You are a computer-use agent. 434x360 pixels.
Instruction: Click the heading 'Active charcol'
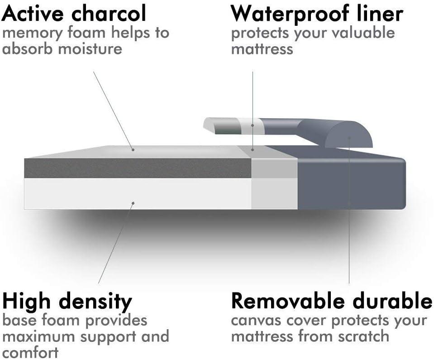point(74,13)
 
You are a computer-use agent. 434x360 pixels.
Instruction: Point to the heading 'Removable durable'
point(331,301)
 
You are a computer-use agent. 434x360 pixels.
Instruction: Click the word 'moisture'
point(90,49)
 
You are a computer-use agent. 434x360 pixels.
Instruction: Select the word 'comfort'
point(30,352)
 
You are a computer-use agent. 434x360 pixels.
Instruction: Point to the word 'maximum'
point(39,337)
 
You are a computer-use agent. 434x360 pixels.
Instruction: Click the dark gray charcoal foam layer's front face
point(138,168)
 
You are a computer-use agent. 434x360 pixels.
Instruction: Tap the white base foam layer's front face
point(138,193)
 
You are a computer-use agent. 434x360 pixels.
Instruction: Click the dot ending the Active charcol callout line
point(133,150)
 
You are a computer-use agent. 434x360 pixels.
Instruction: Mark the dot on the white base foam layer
point(133,203)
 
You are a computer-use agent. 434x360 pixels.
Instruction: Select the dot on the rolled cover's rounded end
point(349,137)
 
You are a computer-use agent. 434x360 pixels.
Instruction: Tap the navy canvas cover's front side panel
point(351,184)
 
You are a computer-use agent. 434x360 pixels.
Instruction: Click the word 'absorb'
point(27,48)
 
